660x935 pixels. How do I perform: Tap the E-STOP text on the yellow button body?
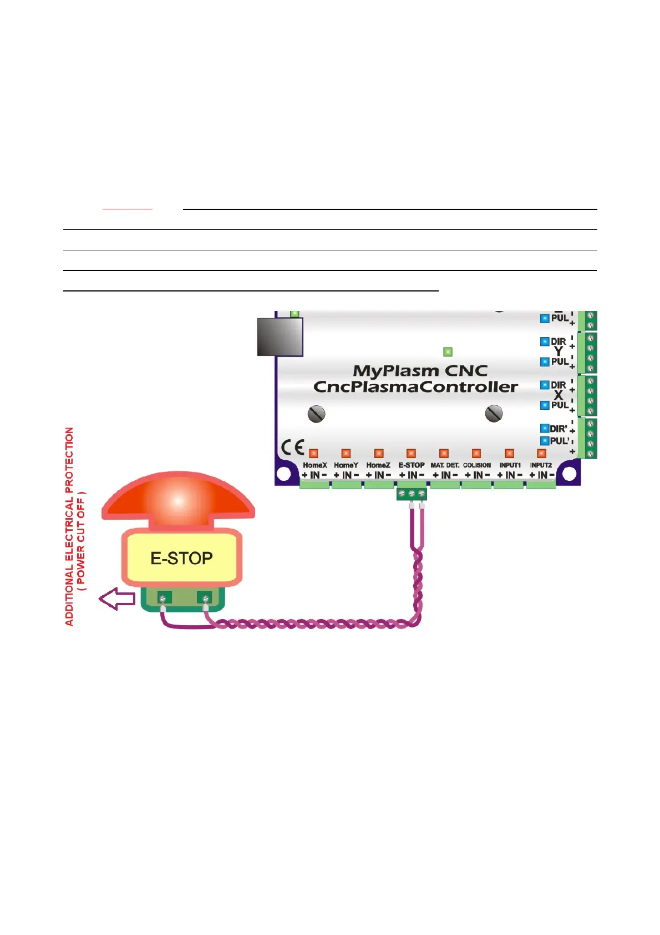point(181,558)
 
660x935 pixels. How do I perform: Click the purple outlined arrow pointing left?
point(117,599)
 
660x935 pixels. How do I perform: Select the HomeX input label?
point(314,465)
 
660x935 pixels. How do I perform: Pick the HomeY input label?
point(346,465)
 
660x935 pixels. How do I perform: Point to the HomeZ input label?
point(378,465)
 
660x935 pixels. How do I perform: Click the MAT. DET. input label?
point(445,465)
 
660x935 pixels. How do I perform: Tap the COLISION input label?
point(477,465)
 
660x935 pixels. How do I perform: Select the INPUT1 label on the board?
point(510,465)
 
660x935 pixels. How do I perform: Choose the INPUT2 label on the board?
point(541,465)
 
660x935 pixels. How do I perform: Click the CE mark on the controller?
point(292,448)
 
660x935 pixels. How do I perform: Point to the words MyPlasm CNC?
point(420,371)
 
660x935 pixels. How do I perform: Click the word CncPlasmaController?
point(415,387)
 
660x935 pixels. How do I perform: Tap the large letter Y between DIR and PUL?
point(558,351)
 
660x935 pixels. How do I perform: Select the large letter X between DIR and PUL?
point(558,395)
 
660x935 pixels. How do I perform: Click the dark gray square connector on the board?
point(280,336)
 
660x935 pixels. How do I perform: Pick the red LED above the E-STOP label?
point(411,454)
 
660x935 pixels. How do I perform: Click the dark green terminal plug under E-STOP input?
point(412,493)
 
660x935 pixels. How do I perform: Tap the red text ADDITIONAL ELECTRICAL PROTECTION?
point(70,526)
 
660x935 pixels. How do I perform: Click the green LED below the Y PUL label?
point(448,351)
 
